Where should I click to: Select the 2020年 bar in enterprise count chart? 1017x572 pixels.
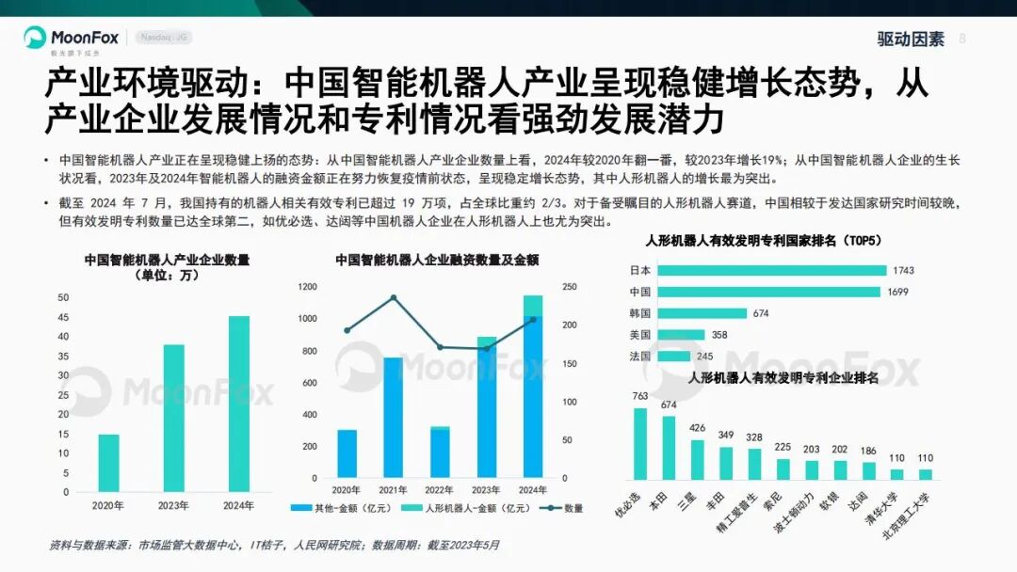pos(109,463)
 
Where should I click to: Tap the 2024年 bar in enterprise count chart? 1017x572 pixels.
pos(239,404)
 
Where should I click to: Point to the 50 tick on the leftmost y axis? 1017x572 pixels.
pos(63,297)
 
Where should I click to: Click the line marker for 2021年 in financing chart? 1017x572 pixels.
pos(394,297)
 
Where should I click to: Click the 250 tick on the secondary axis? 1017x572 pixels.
pos(573,287)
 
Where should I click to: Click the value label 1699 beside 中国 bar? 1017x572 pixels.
pos(898,292)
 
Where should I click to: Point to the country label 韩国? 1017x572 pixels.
pos(639,313)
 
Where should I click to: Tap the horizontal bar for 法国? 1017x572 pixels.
pos(673,357)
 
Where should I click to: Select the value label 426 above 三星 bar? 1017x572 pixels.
pos(698,429)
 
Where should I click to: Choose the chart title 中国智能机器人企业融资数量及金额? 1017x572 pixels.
pos(436,261)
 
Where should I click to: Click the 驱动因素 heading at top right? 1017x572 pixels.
pos(910,40)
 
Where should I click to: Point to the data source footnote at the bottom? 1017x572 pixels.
pos(273,545)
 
